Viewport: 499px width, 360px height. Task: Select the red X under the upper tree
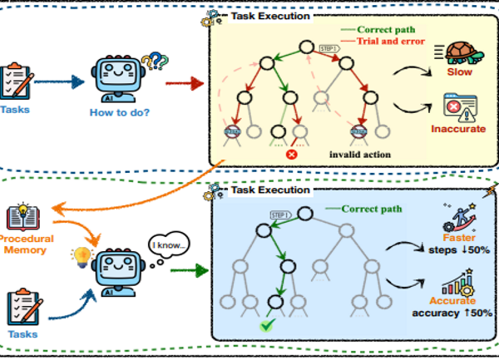click(292, 154)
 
